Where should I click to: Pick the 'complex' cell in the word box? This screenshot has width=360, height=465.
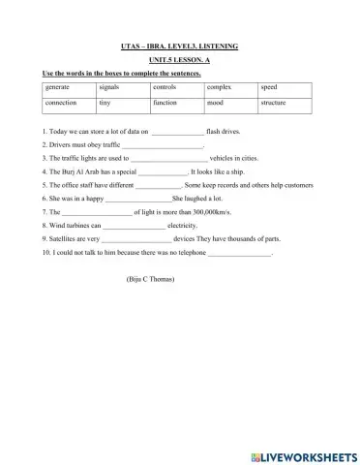[220, 87]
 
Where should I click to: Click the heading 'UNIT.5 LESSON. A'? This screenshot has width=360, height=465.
[179, 60]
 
